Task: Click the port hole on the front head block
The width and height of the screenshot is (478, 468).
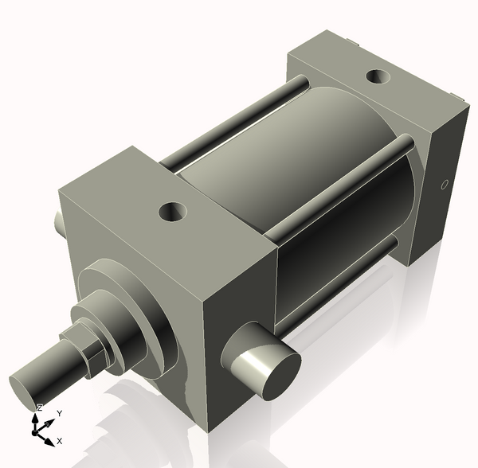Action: (x=172, y=212)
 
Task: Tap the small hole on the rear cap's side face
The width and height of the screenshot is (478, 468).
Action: (x=445, y=185)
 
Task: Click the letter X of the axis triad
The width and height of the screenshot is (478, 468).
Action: (x=60, y=440)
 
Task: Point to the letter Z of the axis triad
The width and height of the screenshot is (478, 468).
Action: (x=39, y=408)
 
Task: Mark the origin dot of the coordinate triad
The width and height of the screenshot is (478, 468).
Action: (x=36, y=431)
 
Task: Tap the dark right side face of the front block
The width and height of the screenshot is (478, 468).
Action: (x=239, y=318)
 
